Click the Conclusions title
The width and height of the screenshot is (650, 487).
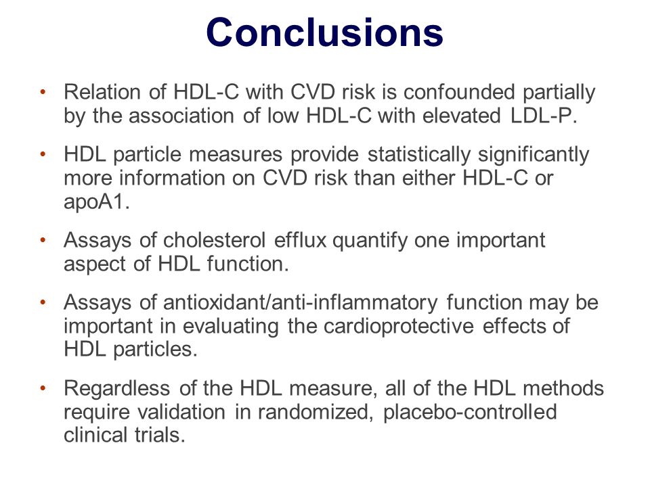[324, 32]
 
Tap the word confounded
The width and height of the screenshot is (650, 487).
[459, 91]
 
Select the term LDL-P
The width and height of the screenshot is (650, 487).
[544, 115]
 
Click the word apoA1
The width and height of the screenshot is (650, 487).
[97, 202]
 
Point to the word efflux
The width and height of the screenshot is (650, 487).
[300, 239]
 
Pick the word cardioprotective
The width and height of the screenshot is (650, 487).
[398, 326]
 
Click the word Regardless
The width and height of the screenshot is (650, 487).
[117, 388]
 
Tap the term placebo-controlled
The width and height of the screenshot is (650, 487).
[470, 412]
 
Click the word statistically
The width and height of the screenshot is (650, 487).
[419, 154]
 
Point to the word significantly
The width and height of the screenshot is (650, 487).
[534, 154]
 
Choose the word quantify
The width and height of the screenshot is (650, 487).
[370, 241]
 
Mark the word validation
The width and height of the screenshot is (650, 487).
[181, 412]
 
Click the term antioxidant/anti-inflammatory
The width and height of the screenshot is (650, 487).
[300, 303]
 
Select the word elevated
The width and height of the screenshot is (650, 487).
[461, 115]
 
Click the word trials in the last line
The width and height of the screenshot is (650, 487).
[160, 435]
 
